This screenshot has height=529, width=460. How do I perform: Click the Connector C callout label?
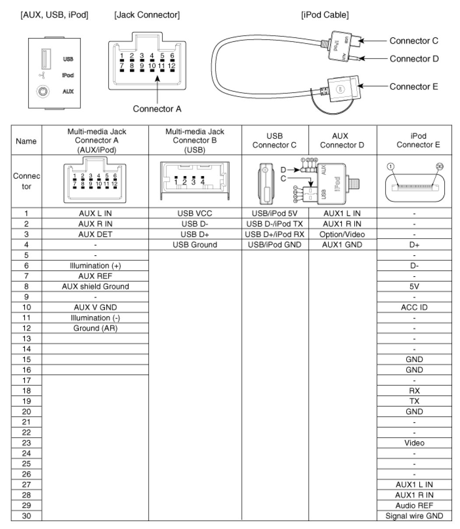pyautogui.click(x=414, y=41)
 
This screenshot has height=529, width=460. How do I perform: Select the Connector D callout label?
pyautogui.click(x=414, y=59)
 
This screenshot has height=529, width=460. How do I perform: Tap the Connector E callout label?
pyautogui.click(x=414, y=86)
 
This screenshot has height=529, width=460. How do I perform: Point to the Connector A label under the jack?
pyautogui.click(x=157, y=109)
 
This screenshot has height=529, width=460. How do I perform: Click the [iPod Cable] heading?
pyautogui.click(x=325, y=15)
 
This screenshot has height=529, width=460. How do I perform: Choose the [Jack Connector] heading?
pyautogui.click(x=146, y=15)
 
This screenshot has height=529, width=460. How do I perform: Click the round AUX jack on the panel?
pyautogui.click(x=42, y=92)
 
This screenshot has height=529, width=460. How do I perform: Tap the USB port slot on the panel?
pyautogui.click(x=44, y=59)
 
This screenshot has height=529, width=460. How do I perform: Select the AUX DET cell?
pyautogui.click(x=95, y=234)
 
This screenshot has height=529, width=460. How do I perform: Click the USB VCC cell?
pyautogui.click(x=195, y=214)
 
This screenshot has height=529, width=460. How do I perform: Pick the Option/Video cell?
pyautogui.click(x=342, y=234)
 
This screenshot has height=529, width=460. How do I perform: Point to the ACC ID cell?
pyautogui.click(x=414, y=307)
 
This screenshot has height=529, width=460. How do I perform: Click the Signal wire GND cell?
pyautogui.click(x=414, y=516)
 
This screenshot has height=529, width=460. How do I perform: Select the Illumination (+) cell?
pyautogui.click(x=95, y=266)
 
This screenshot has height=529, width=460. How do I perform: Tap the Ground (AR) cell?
pyautogui.click(x=95, y=328)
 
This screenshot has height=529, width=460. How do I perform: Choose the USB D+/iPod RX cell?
pyautogui.click(x=275, y=234)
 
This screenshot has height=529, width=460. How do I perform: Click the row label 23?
pyautogui.click(x=26, y=443)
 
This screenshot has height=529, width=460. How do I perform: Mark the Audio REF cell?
pyautogui.click(x=414, y=505)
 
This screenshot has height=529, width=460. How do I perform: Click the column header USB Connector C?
pyautogui.click(x=275, y=141)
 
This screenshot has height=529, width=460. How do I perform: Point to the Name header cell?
pyautogui.click(x=26, y=141)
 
